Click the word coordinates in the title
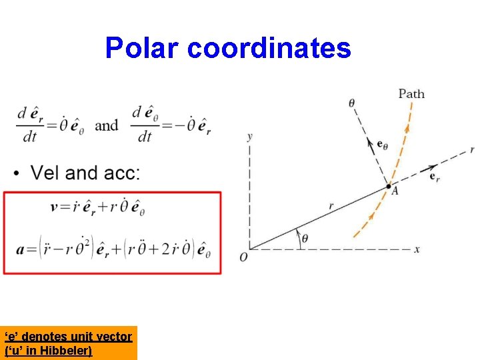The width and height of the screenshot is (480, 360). tap(269, 48)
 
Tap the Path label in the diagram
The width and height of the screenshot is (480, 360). tap(411, 94)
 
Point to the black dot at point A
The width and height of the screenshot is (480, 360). tap(389, 187)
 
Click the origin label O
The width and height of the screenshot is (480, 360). tap(244, 257)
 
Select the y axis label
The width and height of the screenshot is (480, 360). tap(249, 137)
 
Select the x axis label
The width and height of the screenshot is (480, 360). tap(417, 249)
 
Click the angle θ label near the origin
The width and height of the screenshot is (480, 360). tap(305, 237)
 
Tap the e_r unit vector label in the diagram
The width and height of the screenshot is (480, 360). tap(435, 177)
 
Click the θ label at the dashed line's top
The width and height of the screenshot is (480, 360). tap(352, 103)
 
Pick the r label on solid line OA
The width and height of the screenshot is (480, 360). tap(331, 207)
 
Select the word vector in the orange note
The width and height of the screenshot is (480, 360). tap(113, 337)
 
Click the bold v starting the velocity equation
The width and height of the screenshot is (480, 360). tap(55, 207)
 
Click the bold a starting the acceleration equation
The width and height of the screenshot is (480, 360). tap(21, 250)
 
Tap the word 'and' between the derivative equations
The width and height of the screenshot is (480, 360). tap(107, 125)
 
